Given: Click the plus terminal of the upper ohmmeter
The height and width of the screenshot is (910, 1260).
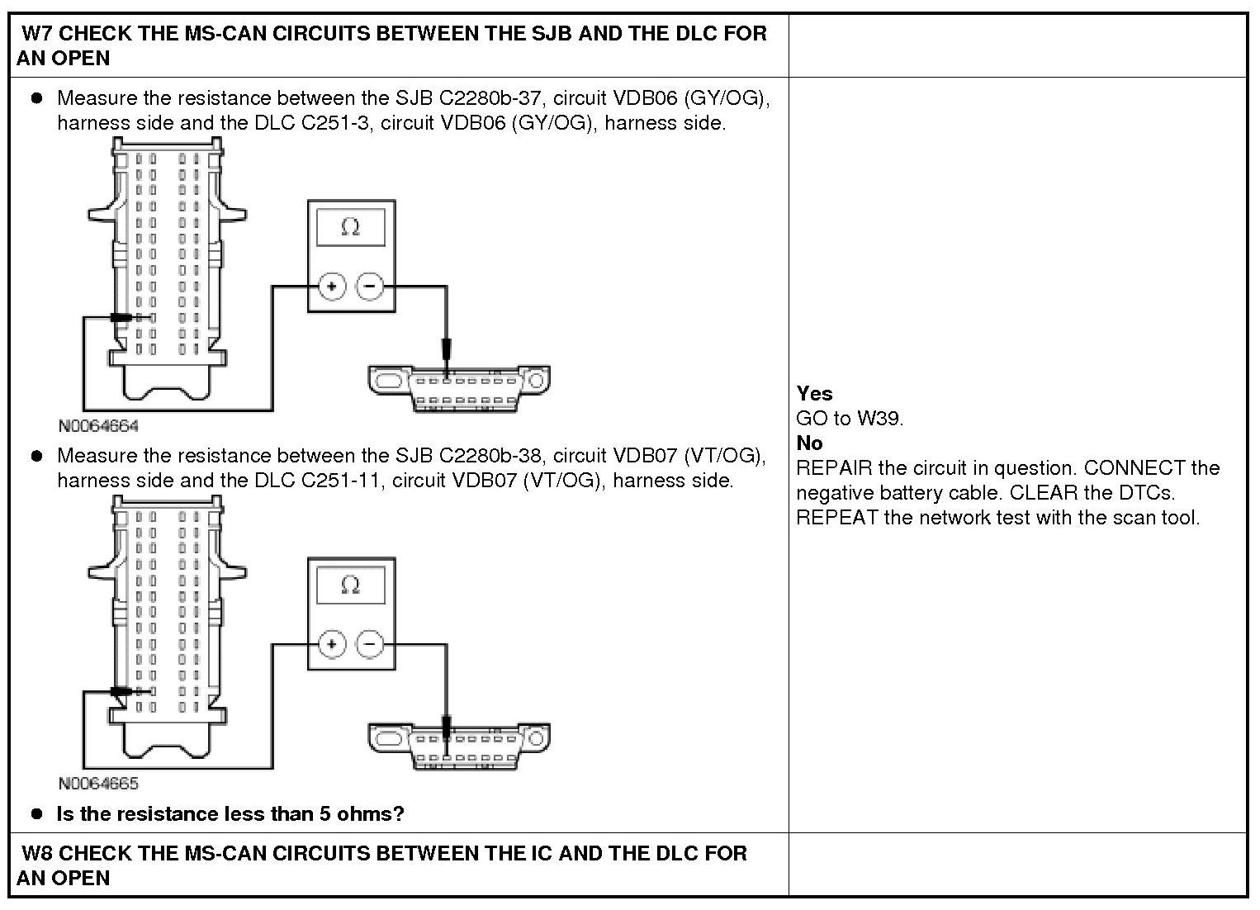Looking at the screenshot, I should pos(332,287).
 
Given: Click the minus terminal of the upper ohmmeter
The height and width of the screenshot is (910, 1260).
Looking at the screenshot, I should pos(369,287).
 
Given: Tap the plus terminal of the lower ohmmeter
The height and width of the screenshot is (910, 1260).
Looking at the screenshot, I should pos(332,644).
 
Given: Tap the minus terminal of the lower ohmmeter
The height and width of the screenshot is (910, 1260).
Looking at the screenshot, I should pos(369,644).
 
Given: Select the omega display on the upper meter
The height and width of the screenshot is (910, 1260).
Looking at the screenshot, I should pos(351,227).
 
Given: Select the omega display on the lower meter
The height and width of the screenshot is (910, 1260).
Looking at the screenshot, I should pos(351,585).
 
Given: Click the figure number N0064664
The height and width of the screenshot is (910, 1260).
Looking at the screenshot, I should pos(98,426).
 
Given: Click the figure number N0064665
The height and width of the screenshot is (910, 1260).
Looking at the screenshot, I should pos(98,783).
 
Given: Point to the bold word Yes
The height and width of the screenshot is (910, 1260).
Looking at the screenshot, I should pos(814,393).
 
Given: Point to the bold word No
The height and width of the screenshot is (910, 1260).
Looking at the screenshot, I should pos(809,443).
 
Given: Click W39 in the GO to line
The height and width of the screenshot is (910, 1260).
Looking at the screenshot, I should pos(879,418).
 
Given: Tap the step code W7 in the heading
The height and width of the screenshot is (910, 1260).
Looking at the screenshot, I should pos(38,33).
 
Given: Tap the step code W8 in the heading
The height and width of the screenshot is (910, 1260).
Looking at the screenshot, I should pos(38,852).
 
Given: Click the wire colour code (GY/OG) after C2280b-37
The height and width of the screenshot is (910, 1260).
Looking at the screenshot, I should pos(729,97).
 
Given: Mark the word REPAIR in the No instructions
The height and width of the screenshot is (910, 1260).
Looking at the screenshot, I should pos(834,467).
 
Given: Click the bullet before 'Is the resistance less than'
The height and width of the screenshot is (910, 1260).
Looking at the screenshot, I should pos(36,813).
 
